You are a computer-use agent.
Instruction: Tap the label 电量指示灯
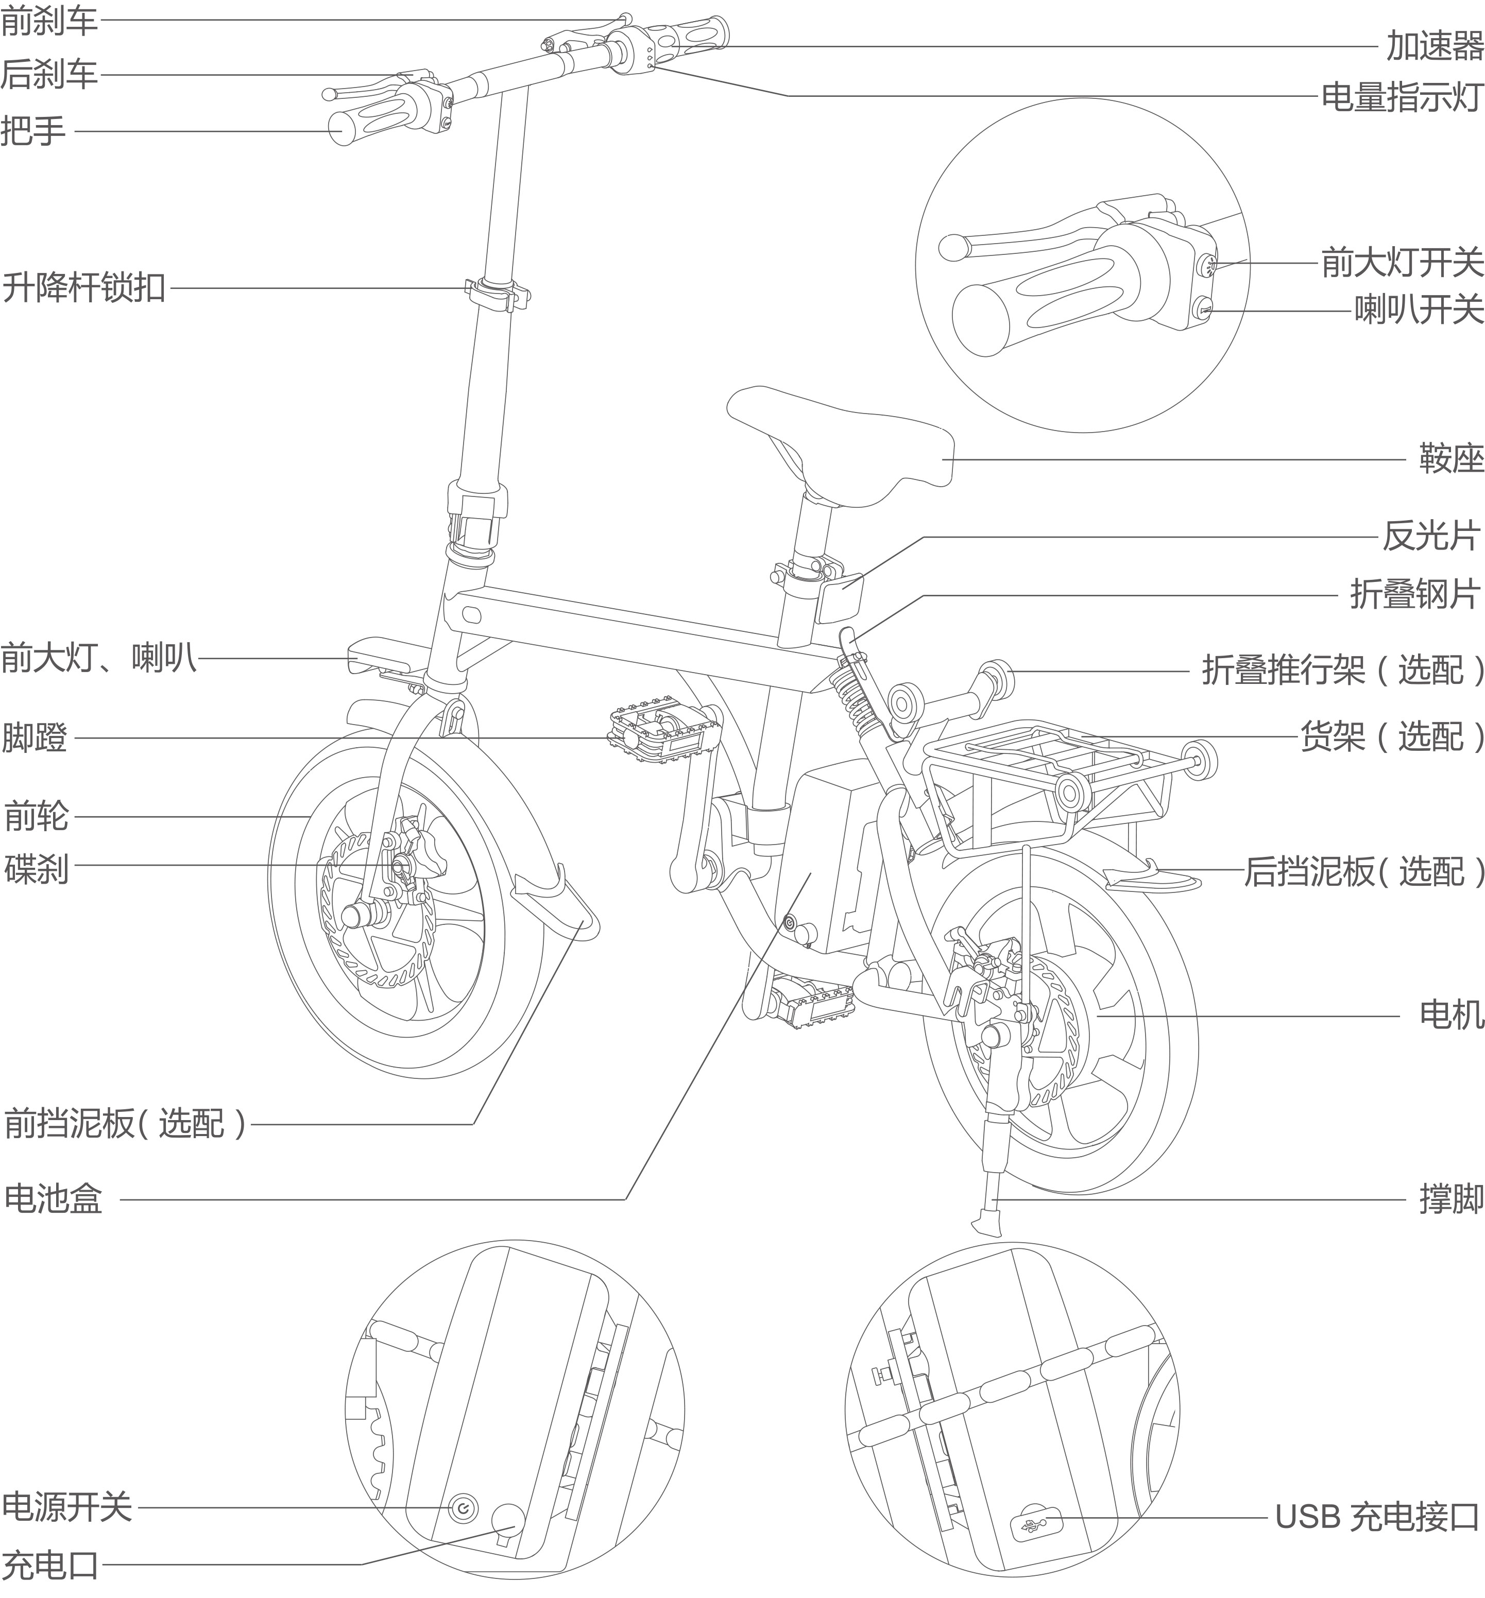(1402, 97)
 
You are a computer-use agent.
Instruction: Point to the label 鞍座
(1450, 459)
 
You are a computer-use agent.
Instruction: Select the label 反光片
(1431, 537)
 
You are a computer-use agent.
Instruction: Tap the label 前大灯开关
(1402, 263)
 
